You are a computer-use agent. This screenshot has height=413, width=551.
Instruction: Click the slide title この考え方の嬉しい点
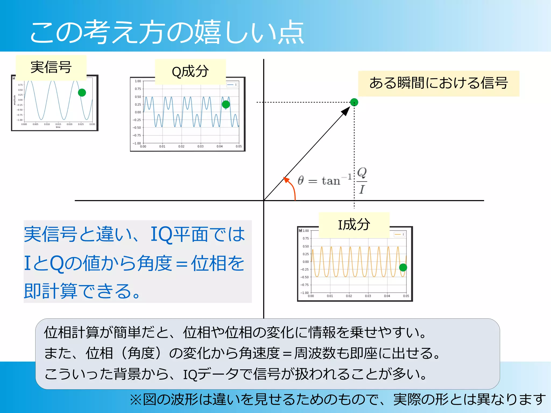point(167,32)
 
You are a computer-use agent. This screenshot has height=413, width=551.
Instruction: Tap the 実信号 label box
point(51,67)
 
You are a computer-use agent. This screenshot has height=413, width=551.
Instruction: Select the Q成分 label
point(190,72)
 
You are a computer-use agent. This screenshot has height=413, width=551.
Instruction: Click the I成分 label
point(354,225)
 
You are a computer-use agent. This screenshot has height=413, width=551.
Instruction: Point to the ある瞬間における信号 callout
point(439,83)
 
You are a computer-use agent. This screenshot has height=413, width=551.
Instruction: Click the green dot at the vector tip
point(354,102)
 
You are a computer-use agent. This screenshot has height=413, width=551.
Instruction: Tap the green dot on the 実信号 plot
point(82,92)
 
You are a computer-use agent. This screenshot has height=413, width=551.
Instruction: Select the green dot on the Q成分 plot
point(226,104)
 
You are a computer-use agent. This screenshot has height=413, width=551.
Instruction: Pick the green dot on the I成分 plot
point(403,267)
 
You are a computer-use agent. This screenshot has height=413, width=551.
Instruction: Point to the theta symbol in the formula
point(301,180)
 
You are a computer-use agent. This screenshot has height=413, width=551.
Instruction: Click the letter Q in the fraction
point(362,172)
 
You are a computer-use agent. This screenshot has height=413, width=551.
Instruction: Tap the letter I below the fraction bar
point(362,190)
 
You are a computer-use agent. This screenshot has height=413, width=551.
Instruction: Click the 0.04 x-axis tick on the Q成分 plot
point(220,147)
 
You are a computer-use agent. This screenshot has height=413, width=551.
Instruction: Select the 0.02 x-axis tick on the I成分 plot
point(349,296)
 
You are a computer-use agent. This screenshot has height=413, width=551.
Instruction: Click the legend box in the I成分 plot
point(399,234)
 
